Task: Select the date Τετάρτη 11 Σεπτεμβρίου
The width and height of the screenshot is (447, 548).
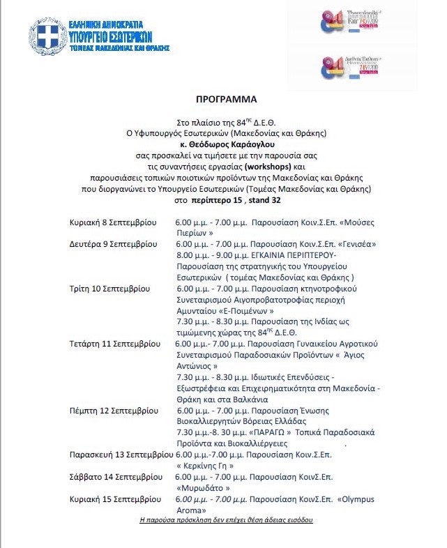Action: click(114, 344)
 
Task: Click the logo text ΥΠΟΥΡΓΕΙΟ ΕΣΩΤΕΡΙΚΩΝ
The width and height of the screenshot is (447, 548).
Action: click(111, 36)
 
